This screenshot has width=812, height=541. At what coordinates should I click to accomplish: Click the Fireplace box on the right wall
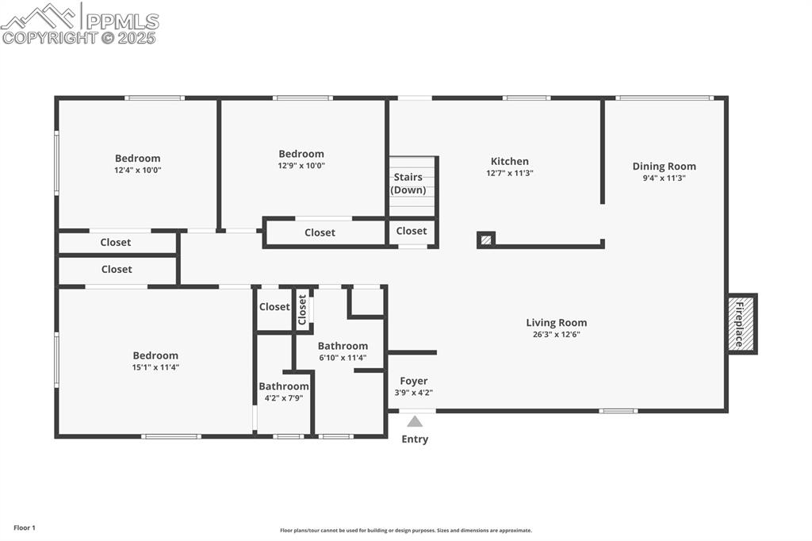click(741, 324)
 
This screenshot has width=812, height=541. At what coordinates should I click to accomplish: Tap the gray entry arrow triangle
click(415, 421)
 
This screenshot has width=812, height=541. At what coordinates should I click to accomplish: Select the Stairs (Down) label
click(408, 183)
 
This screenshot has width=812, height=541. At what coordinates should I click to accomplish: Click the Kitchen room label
click(509, 161)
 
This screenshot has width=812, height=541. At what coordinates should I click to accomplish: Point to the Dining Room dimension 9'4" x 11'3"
click(664, 178)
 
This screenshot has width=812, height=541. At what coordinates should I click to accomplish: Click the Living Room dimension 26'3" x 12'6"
click(557, 335)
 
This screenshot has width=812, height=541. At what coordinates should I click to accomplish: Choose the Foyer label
click(413, 381)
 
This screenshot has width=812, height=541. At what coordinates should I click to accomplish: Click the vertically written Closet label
click(302, 310)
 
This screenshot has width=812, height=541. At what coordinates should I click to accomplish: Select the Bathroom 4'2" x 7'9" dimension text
click(283, 398)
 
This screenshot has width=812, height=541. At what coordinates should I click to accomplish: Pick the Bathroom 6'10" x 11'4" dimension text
click(343, 358)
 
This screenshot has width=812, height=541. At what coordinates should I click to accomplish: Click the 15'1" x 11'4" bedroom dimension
click(155, 367)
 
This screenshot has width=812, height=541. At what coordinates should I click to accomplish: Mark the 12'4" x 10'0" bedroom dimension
click(138, 170)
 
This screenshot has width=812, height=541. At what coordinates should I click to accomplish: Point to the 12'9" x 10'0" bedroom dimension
click(301, 166)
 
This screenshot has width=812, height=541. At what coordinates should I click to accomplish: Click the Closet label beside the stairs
click(411, 231)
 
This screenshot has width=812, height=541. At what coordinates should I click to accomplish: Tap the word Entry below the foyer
click(415, 439)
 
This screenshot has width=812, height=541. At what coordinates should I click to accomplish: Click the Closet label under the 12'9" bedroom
click(320, 232)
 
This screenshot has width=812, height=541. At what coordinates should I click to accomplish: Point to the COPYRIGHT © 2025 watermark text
click(79, 37)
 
